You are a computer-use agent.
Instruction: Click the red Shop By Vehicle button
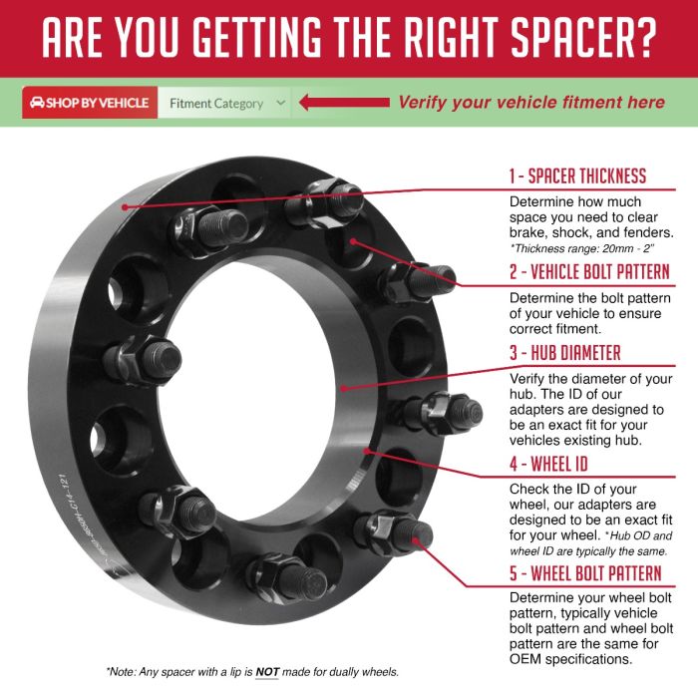click(x=90, y=103)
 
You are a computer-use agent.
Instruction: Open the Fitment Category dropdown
click(x=224, y=103)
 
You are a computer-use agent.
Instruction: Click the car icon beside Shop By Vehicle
click(x=37, y=103)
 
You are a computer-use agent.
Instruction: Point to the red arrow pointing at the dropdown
click(x=344, y=103)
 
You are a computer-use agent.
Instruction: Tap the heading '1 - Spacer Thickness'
click(x=577, y=176)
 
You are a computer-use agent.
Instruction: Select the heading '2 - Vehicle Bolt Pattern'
click(x=589, y=271)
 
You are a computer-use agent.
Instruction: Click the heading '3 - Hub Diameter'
click(x=565, y=353)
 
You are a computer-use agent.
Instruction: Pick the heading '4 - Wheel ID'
click(x=548, y=464)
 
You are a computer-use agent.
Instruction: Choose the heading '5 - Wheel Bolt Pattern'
click(x=585, y=573)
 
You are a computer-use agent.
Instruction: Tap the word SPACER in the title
click(x=568, y=37)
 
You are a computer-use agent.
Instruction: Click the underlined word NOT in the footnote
click(x=267, y=672)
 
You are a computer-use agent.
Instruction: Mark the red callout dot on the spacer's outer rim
click(x=125, y=207)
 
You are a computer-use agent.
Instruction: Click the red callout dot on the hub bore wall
click(x=343, y=388)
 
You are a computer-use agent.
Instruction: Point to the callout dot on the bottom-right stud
click(x=416, y=540)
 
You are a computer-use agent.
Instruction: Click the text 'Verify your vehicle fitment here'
click(x=531, y=103)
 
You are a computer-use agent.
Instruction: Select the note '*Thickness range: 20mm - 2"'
click(x=581, y=248)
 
